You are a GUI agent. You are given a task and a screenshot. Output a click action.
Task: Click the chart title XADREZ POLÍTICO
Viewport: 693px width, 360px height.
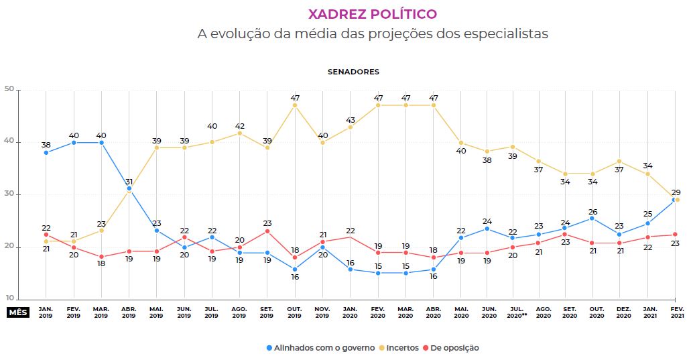click(372, 14)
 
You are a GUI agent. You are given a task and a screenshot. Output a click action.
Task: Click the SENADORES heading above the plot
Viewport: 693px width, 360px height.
click(353, 71)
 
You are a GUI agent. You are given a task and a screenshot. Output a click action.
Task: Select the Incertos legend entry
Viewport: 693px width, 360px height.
click(402, 348)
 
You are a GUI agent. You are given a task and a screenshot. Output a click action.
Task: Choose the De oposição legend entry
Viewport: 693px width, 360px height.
click(454, 348)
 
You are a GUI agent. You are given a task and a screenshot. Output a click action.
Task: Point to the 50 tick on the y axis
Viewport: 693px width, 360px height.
click(9, 90)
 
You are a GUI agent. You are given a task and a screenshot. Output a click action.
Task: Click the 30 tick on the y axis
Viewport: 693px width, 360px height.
click(9, 194)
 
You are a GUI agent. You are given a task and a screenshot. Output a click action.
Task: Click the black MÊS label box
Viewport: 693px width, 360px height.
click(17, 312)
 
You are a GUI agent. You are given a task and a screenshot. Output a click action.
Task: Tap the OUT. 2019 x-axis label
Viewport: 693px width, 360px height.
click(294, 312)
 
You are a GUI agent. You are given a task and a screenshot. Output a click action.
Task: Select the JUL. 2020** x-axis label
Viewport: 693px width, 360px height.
click(515, 312)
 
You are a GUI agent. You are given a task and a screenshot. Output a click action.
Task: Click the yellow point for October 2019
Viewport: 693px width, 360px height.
click(294, 105)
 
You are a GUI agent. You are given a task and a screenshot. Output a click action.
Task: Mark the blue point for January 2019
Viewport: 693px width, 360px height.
click(46, 153)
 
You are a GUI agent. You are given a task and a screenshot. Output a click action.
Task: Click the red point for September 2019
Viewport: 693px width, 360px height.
click(267, 231)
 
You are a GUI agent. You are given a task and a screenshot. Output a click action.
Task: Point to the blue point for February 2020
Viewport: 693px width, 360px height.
click(377, 273)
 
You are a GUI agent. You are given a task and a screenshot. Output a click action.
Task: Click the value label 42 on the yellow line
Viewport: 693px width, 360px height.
click(239, 125)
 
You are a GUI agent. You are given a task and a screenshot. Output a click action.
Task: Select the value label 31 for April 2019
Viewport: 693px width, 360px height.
click(129, 181)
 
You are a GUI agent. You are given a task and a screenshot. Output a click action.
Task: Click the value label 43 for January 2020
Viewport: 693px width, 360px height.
click(350, 119)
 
